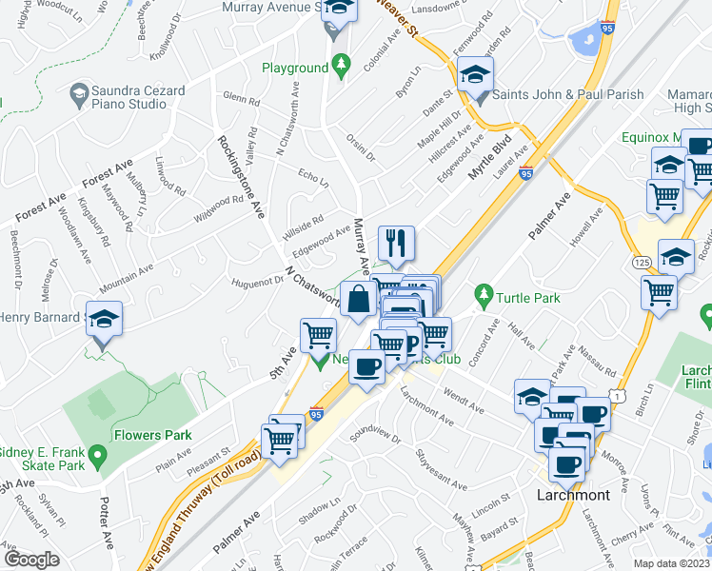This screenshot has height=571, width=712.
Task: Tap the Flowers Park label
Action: click(x=151, y=435)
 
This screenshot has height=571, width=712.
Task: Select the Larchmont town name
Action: click(x=573, y=496)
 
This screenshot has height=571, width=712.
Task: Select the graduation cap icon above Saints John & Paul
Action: click(x=475, y=73)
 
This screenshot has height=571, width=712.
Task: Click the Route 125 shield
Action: click(x=640, y=260)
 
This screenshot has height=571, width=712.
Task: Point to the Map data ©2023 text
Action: click(x=671, y=563)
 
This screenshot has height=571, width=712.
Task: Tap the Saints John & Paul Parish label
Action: click(x=568, y=94)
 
